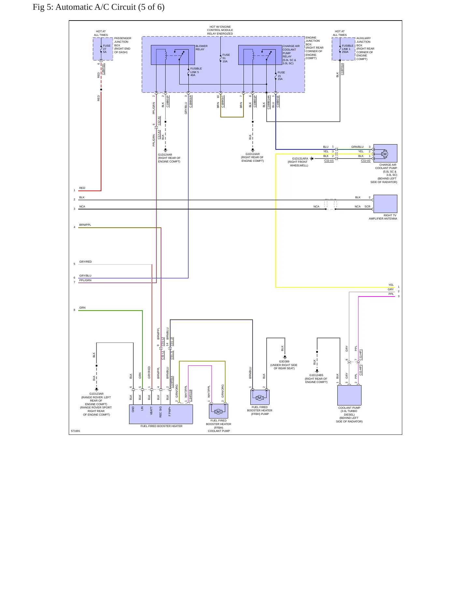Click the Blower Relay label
click(201, 48)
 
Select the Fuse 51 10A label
click(226, 58)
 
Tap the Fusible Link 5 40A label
click(196, 72)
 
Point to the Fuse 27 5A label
click(107, 49)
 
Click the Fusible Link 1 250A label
click(347, 49)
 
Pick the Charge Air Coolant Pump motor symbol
click(385, 154)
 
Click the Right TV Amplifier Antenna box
click(385, 204)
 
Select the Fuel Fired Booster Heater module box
click(161, 414)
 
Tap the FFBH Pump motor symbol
click(259, 398)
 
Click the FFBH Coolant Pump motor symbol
click(218, 412)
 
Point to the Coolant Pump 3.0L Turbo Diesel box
click(349, 395)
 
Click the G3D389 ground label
click(284, 361)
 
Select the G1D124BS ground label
click(316, 375)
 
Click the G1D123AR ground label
click(96, 394)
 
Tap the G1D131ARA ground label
click(300, 159)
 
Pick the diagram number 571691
click(76, 431)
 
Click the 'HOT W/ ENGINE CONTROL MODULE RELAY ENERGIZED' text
click(220, 30)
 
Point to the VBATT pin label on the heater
click(151, 410)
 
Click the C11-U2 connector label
click(366, 160)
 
